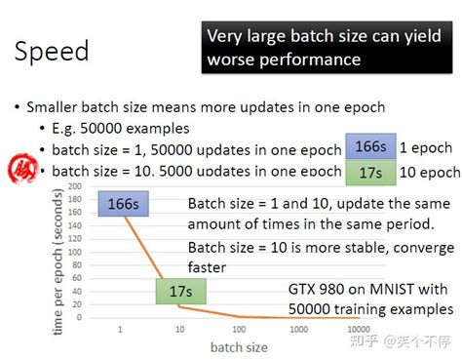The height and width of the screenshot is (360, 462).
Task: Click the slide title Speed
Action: click(52, 51)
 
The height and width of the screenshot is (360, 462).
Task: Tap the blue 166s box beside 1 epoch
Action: click(369, 146)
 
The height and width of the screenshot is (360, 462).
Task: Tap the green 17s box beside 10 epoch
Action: click(369, 173)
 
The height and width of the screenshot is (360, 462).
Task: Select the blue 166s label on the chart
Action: click(122, 205)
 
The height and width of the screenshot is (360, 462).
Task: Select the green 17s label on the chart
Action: click(180, 291)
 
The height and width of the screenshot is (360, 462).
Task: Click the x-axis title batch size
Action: click(237, 346)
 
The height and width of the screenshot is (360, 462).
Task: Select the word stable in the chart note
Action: click(327, 247)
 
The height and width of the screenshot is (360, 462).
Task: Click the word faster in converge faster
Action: click(207, 266)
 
